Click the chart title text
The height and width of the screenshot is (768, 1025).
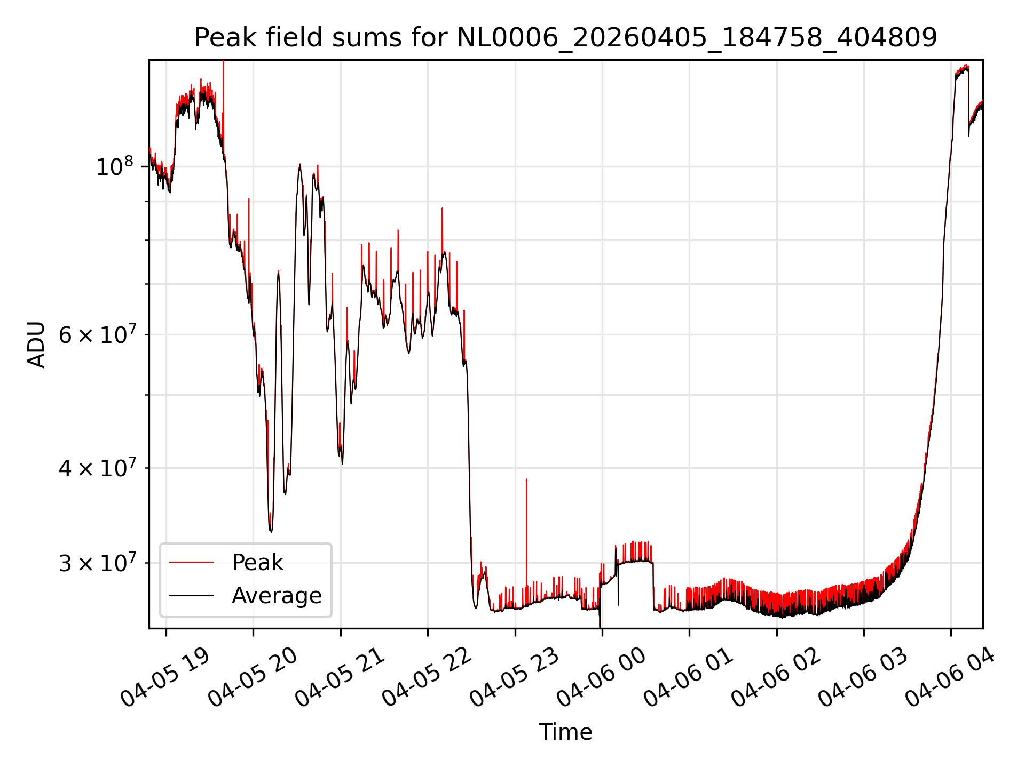(x=565, y=38)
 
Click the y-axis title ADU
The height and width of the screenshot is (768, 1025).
(x=36, y=345)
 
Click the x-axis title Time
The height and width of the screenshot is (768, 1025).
(x=565, y=732)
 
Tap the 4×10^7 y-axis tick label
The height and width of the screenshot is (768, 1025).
(x=96, y=468)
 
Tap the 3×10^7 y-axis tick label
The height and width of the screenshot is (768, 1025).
(x=96, y=562)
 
